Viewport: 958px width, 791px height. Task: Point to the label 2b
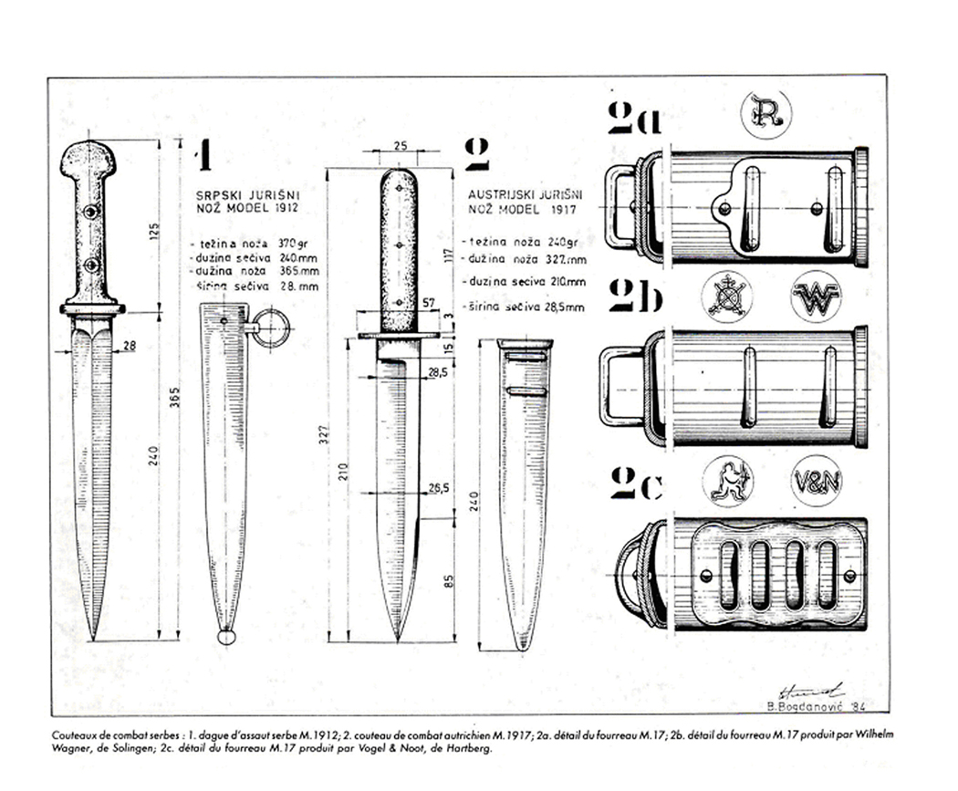pyautogui.click(x=637, y=297)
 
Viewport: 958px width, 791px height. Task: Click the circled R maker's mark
pyautogui.click(x=765, y=116)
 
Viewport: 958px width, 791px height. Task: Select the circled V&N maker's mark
pyautogui.click(x=816, y=480)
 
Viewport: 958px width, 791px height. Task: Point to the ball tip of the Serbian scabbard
pyautogui.click(x=225, y=636)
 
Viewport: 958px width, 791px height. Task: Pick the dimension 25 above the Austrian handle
pyautogui.click(x=400, y=145)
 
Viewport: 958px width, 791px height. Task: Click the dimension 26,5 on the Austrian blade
pyautogui.click(x=441, y=488)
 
